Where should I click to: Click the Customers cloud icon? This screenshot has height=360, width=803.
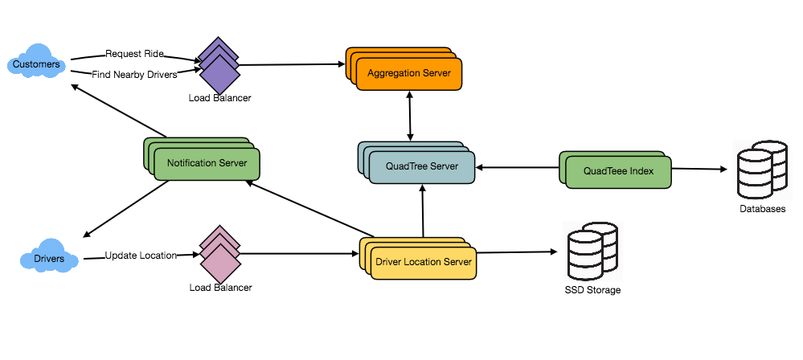click(36, 64)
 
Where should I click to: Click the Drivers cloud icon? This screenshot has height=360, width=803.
click(49, 260)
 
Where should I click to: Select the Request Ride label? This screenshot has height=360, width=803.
click(134, 54)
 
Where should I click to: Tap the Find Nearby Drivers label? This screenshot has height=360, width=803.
click(134, 75)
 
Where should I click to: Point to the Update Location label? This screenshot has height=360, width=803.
click(141, 256)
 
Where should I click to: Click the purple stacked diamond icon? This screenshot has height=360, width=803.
click(219, 67)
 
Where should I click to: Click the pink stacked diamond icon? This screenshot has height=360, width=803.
click(219, 256)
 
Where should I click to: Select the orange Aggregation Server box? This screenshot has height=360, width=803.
click(409, 73)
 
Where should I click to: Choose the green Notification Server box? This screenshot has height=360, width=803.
click(207, 163)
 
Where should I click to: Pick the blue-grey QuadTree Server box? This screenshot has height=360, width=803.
click(422, 166)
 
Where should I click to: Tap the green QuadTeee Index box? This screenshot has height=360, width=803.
click(618, 171)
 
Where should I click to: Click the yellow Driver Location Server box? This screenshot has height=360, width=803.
click(424, 262)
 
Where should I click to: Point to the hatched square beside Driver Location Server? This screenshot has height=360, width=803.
click(592, 251)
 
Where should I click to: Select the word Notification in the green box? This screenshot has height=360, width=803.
click(191, 163)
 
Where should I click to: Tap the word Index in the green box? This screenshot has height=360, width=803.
click(641, 171)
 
